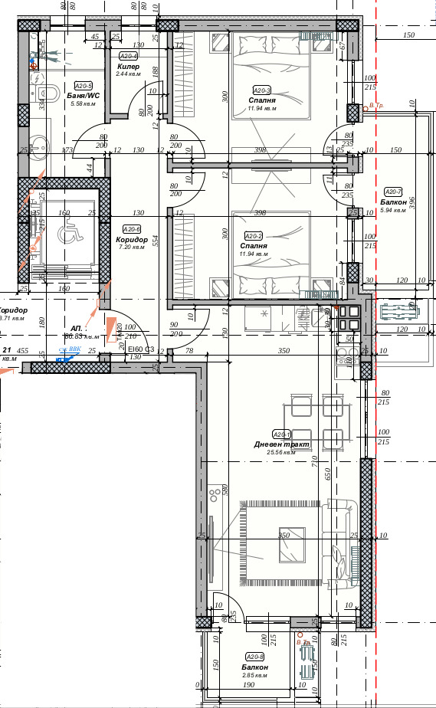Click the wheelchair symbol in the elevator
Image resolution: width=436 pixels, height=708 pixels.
click(68, 237)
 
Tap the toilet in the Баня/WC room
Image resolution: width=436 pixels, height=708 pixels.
click(48, 93)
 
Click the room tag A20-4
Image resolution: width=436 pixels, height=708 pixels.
click(128, 56)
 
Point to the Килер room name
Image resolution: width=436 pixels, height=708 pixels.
click(128, 67)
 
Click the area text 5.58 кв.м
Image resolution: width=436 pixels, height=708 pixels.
click(81, 103)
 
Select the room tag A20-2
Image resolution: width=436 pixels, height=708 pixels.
click(253, 236)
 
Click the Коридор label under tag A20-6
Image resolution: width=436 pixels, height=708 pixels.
click(131, 239)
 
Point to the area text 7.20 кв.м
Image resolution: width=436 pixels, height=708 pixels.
click(131, 247)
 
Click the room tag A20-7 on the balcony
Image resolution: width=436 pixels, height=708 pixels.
click(392, 192)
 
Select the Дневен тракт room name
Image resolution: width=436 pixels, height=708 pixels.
click(282, 444)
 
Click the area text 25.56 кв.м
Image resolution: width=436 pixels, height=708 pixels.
click(281, 453)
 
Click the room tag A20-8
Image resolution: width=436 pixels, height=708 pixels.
click(254, 657)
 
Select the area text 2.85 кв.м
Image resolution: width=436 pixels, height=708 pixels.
click(254, 675)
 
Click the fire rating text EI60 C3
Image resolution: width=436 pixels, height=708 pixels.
click(142, 349)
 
